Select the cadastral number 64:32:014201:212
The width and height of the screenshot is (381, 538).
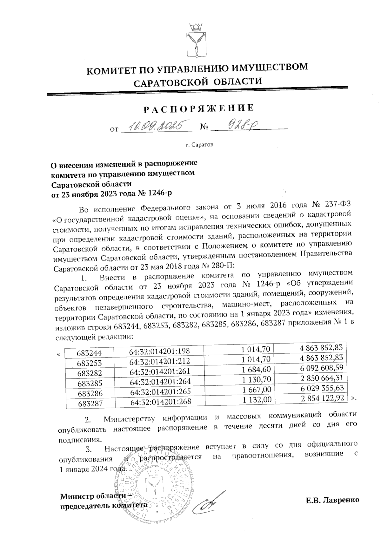click(x=160, y=361)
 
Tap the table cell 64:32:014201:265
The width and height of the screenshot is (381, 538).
click(x=160, y=392)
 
